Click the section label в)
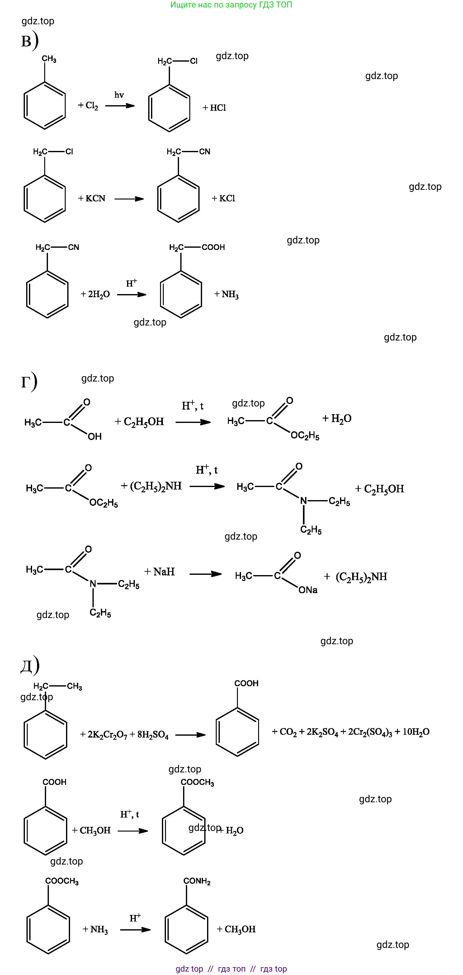pyautogui.click(x=30, y=40)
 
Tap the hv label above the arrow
pyautogui.click(x=119, y=95)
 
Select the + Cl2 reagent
pyautogui.click(x=88, y=105)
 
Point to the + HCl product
pyautogui.click(x=214, y=108)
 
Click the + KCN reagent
pyautogui.click(x=92, y=198)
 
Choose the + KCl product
pyautogui.click(x=224, y=198)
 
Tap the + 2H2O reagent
pyautogui.click(x=95, y=294)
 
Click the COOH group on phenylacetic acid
pyautogui.click(x=213, y=247)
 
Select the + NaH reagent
pyautogui.click(x=159, y=572)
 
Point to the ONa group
pyautogui.click(x=308, y=590)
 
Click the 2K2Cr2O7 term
pyautogui.click(x=107, y=735)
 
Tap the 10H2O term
pyautogui.click(x=416, y=732)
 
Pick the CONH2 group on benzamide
pyautogui.click(x=197, y=881)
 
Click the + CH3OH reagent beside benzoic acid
pyautogui.click(x=91, y=830)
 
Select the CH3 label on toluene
pyautogui.click(x=49, y=59)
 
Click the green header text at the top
pyautogui.click(x=231, y=5)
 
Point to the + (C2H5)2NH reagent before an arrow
pyautogui.click(x=151, y=486)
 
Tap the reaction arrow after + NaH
pyautogui.click(x=206, y=574)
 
